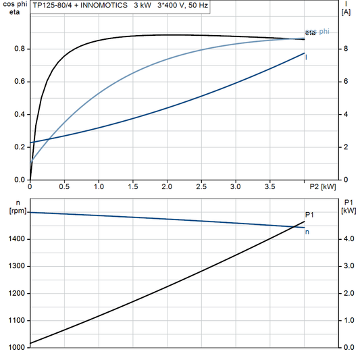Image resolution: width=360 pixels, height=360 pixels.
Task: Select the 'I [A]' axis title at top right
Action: click(346, 8)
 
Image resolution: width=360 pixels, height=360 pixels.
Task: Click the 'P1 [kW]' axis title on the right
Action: click(349, 207)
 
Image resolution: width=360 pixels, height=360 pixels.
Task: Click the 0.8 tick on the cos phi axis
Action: click(20, 49)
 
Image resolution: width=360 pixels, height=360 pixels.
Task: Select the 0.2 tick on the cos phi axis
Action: click(20, 147)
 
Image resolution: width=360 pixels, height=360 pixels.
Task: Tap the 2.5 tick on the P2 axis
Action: click(201, 186)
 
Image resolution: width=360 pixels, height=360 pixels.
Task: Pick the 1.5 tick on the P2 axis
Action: click(133, 186)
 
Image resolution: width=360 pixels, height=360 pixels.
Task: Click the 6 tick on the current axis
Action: click(345, 82)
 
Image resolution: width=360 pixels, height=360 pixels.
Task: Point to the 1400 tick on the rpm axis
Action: click(16, 239)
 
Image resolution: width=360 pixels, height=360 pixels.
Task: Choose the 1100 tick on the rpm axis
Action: click(16, 320)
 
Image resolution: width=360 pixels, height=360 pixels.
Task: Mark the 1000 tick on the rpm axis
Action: click(16, 347)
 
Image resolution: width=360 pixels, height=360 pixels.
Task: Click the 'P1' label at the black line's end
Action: click(310, 215)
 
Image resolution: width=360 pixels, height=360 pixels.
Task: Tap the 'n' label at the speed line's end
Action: click(308, 232)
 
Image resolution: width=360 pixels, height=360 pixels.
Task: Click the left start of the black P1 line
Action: click(31, 343)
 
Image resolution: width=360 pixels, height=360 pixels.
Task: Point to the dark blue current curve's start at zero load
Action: click(31, 143)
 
